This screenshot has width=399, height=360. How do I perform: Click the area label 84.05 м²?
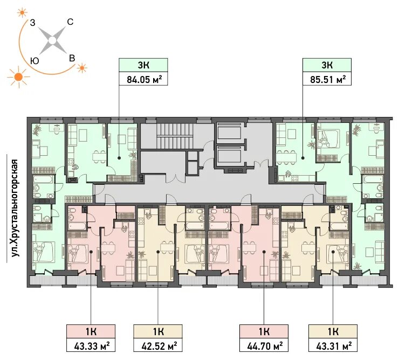(x=145, y=80)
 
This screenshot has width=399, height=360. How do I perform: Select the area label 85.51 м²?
(x=328, y=80)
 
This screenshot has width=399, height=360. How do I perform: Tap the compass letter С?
(x=70, y=22)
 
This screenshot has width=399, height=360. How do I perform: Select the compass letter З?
(x=32, y=23)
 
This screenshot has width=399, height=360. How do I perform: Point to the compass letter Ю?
(x=35, y=60)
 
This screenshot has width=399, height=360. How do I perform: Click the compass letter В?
(x=72, y=58)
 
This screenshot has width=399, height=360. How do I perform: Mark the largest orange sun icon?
(x=18, y=77)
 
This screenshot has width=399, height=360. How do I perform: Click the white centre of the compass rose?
(x=52, y=40)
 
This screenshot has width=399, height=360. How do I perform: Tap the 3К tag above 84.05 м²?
(x=144, y=65)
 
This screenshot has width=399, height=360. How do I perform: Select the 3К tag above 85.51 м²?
(x=327, y=65)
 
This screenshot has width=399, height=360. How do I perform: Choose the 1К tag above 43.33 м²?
(x=91, y=331)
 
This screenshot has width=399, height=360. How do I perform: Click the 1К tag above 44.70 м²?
(x=264, y=331)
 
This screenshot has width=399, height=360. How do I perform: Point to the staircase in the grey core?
(x=174, y=137)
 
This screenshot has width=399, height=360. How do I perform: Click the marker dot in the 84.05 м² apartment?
(x=119, y=158)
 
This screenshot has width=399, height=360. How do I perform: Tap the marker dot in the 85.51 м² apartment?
(x=303, y=158)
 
